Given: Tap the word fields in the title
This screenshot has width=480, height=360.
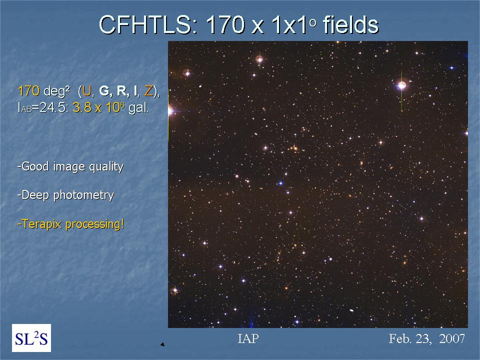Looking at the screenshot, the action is click(x=351, y=24).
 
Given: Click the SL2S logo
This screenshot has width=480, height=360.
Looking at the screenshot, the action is click(x=31, y=338).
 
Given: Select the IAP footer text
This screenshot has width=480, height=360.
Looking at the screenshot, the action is click(x=248, y=338).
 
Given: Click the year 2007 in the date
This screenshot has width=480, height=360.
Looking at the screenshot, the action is click(x=452, y=338).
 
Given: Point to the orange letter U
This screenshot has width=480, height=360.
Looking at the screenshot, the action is click(x=87, y=91).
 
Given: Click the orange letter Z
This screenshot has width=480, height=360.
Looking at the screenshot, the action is click(x=148, y=91).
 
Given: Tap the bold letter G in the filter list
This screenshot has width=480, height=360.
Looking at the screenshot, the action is click(x=104, y=91).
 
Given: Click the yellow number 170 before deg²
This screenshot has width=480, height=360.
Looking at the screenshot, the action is click(x=29, y=91).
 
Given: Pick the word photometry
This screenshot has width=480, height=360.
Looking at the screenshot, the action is click(x=83, y=195).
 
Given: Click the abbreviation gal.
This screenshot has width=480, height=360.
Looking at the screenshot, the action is click(x=138, y=108).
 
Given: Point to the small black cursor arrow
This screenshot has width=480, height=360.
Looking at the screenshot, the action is click(x=162, y=344).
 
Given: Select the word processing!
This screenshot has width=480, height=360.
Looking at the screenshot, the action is click(x=95, y=224).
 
